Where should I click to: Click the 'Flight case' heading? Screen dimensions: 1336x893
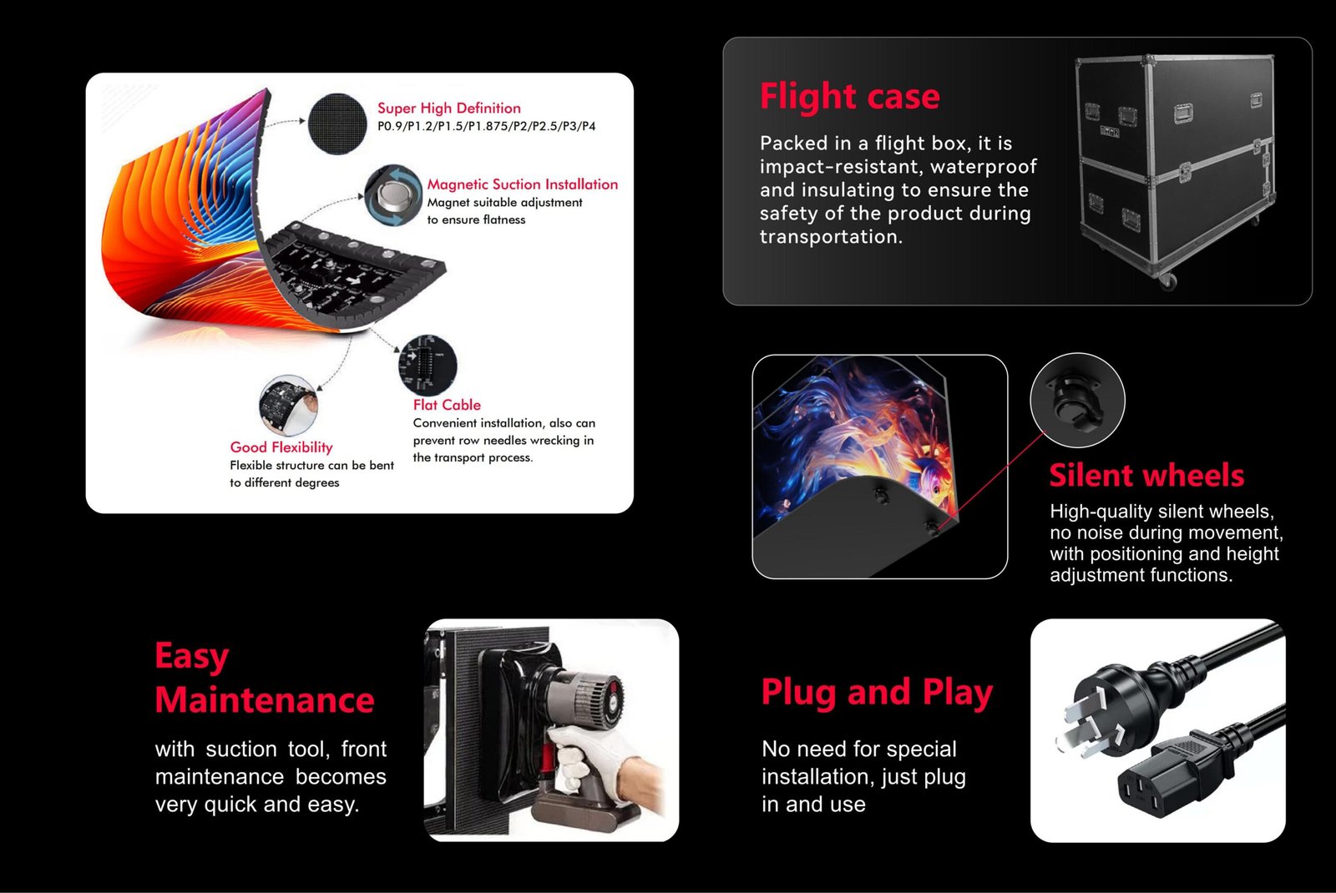[x=849, y=97]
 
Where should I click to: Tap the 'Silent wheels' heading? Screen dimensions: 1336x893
[x=1146, y=475]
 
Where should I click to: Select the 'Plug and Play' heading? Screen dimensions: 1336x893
[x=877, y=692]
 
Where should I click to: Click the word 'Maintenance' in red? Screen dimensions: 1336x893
[x=264, y=700]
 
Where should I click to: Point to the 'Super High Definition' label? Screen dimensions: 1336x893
[x=449, y=108]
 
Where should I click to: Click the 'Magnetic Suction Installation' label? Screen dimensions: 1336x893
[x=523, y=184]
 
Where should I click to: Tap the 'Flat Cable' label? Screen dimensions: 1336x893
[x=447, y=405]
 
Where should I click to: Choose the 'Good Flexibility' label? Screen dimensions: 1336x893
[x=281, y=447]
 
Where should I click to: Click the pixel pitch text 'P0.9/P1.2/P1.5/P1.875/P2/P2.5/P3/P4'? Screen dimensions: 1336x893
[x=486, y=126]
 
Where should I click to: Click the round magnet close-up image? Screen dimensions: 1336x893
[x=393, y=195]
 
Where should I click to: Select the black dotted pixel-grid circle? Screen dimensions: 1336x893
[x=337, y=124]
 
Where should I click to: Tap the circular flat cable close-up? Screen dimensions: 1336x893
[x=428, y=365]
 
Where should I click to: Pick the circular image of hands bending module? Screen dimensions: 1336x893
[x=289, y=405]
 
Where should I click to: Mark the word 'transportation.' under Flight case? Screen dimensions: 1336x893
[x=831, y=237]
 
